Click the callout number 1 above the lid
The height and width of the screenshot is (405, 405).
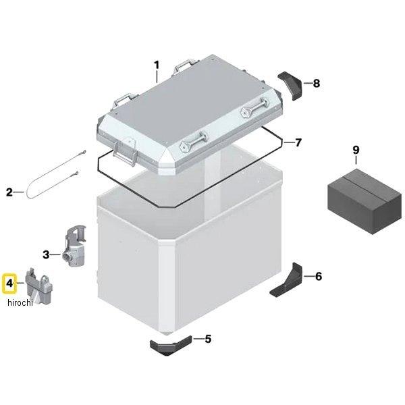pos(157,65)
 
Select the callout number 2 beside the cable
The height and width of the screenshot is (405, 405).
pos(9,192)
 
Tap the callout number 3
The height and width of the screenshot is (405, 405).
pos(46,254)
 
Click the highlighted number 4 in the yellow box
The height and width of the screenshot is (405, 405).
pos(9,283)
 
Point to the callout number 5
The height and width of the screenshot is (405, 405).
pos(208,339)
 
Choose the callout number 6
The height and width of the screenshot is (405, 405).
pos(319,276)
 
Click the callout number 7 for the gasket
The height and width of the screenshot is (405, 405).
pos(298,142)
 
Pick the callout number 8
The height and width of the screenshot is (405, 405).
pos(317,83)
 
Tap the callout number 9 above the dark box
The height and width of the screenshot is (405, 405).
pos(356,150)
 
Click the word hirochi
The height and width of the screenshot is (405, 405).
pos(20,302)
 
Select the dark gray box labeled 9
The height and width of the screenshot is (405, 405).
pos(364,202)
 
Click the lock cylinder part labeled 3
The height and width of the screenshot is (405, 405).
pos(74,247)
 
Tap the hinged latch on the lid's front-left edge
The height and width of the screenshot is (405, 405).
pos(125,155)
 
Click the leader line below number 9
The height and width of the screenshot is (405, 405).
pos(356,160)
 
